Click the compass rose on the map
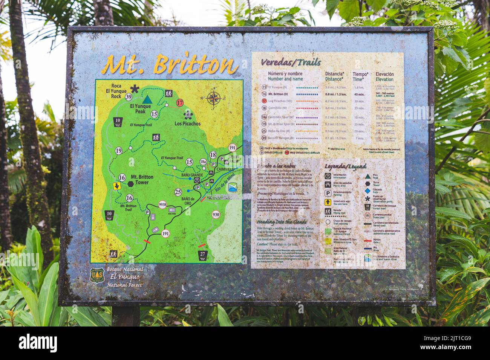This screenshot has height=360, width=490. coord(214,98)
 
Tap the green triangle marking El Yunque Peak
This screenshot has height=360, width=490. coord(147,99)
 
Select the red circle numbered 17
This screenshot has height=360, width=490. coord(180,102)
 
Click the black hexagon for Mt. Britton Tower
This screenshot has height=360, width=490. coord(130,183)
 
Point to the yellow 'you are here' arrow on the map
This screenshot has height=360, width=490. coord(117,186)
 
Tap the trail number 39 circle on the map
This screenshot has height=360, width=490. coord(129,97)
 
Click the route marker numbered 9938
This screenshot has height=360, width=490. coord(162,205)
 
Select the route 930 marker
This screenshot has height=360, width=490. coord(216,215)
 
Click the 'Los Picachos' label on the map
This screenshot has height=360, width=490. coord(187,124)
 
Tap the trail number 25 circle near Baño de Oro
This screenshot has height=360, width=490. coord(178,192)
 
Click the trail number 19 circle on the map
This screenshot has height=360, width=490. coord(119,151)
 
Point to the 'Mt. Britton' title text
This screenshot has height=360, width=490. coord(170,65)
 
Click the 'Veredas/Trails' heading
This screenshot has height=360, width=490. coord(291,62)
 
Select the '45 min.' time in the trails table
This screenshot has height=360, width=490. coord(359,94)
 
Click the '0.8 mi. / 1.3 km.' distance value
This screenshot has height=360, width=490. coord(336,94)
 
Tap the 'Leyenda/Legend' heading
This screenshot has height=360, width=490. coord(345,166)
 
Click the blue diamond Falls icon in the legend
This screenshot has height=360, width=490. coord(367,191)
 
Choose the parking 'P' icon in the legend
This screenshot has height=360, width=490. coord(328,193)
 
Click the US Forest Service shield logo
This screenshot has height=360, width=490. coord(97,275)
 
